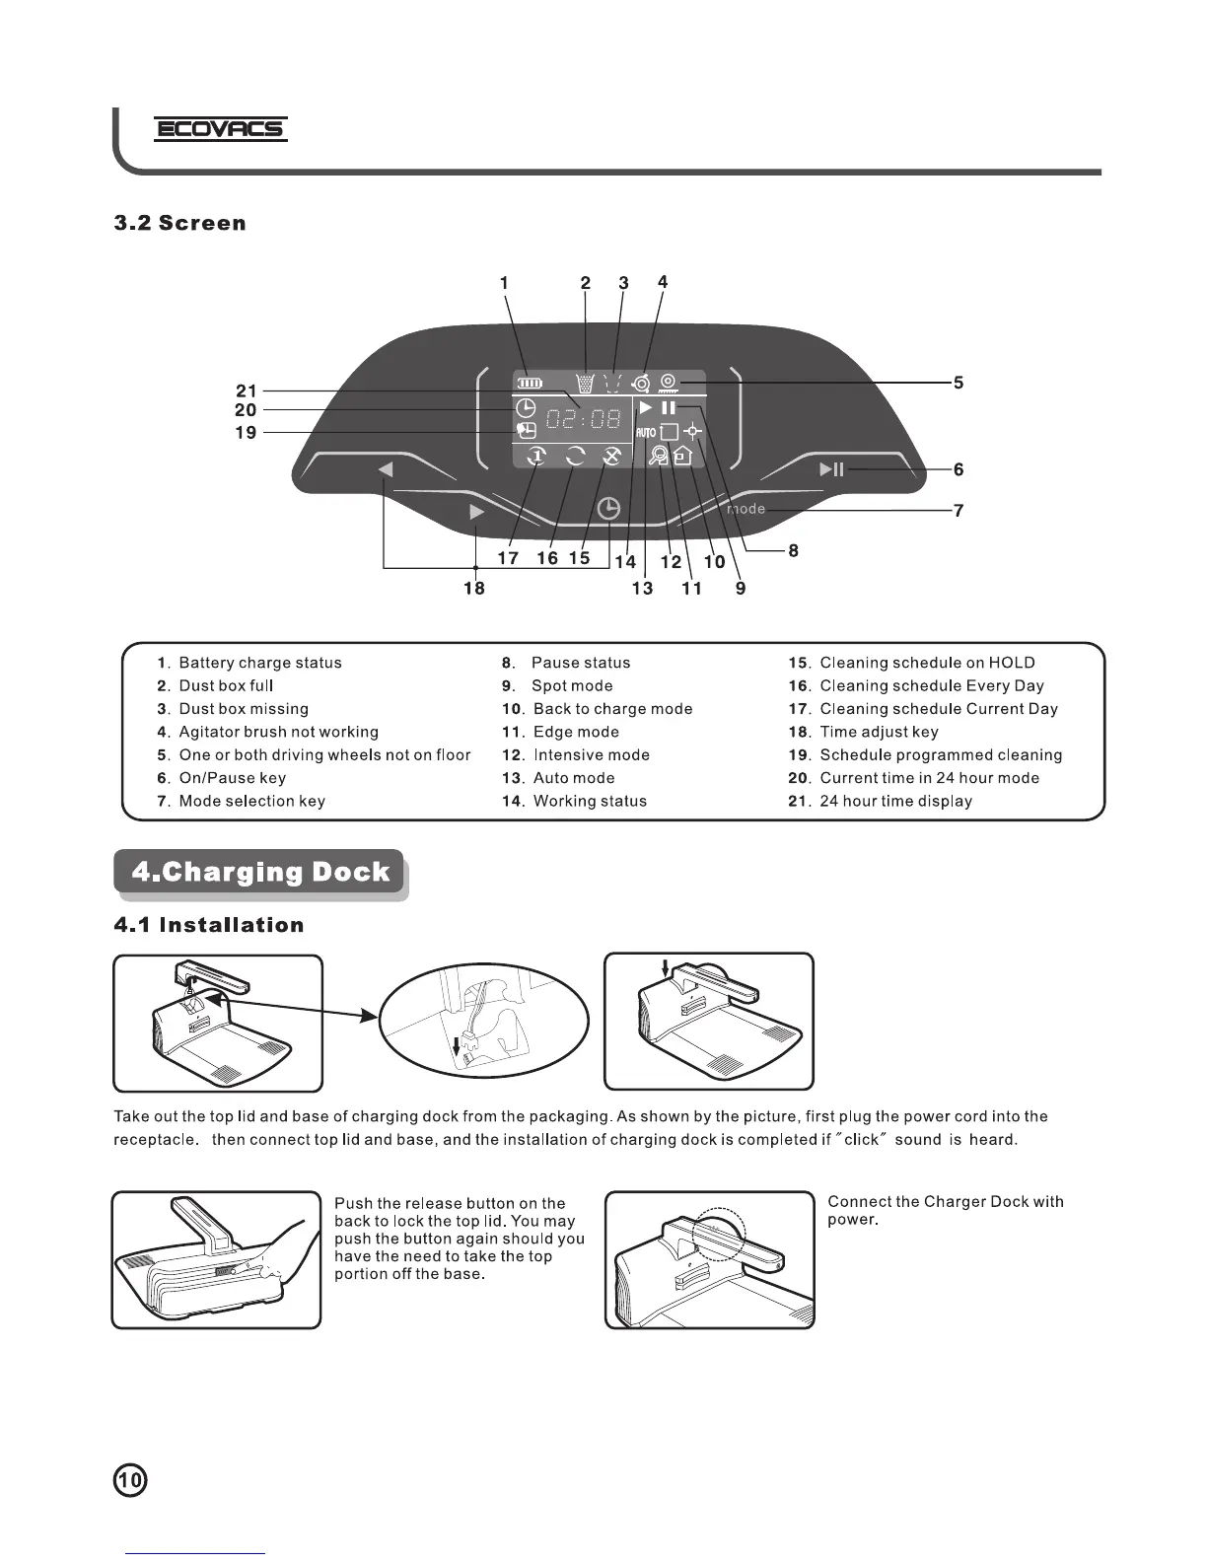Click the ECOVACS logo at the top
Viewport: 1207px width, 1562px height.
pos(221,129)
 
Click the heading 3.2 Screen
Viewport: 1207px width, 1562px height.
pos(179,223)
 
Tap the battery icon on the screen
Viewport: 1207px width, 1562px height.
pos(531,384)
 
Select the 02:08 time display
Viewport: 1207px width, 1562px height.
pos(584,419)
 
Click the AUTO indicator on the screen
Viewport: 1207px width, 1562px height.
pos(646,432)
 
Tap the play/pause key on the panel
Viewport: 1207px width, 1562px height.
pos(831,469)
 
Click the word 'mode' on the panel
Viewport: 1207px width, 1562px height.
pos(745,509)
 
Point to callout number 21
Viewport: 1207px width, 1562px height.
pos(246,390)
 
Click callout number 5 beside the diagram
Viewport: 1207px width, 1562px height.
pos(958,383)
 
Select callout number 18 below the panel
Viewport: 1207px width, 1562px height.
pos(474,588)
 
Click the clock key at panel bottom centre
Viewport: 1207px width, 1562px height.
pos(609,509)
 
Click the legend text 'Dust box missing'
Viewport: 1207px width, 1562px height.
pos(243,709)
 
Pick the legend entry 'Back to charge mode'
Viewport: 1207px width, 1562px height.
pos(612,709)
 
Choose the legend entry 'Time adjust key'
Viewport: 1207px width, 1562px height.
pos(879,732)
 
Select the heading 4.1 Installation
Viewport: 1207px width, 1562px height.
pos(209,925)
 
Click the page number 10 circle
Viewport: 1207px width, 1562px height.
pos(130,1480)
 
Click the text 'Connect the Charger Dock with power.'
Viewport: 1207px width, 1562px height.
pos(945,1210)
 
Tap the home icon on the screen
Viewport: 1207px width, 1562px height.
pos(682,455)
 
